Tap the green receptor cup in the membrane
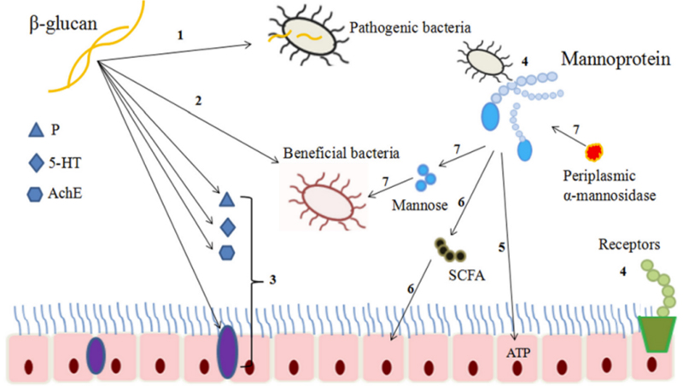tap(657, 333)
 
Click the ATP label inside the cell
tap(518, 352)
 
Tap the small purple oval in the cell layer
tap(96, 353)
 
